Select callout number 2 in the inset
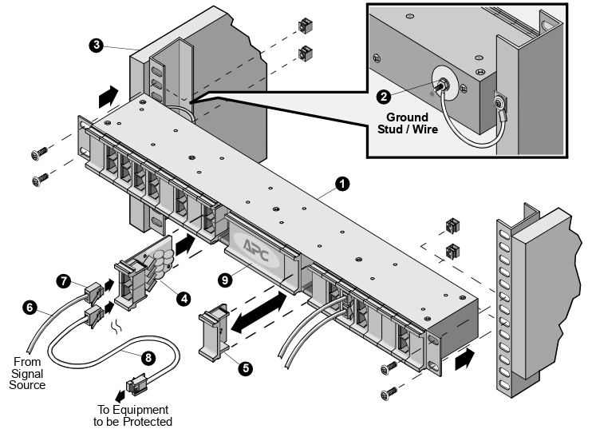coord(384,97)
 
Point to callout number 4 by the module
coord(184,298)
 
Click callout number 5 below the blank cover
coord(246,368)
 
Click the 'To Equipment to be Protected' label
coord(132,416)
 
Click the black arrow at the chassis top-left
coord(104,98)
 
